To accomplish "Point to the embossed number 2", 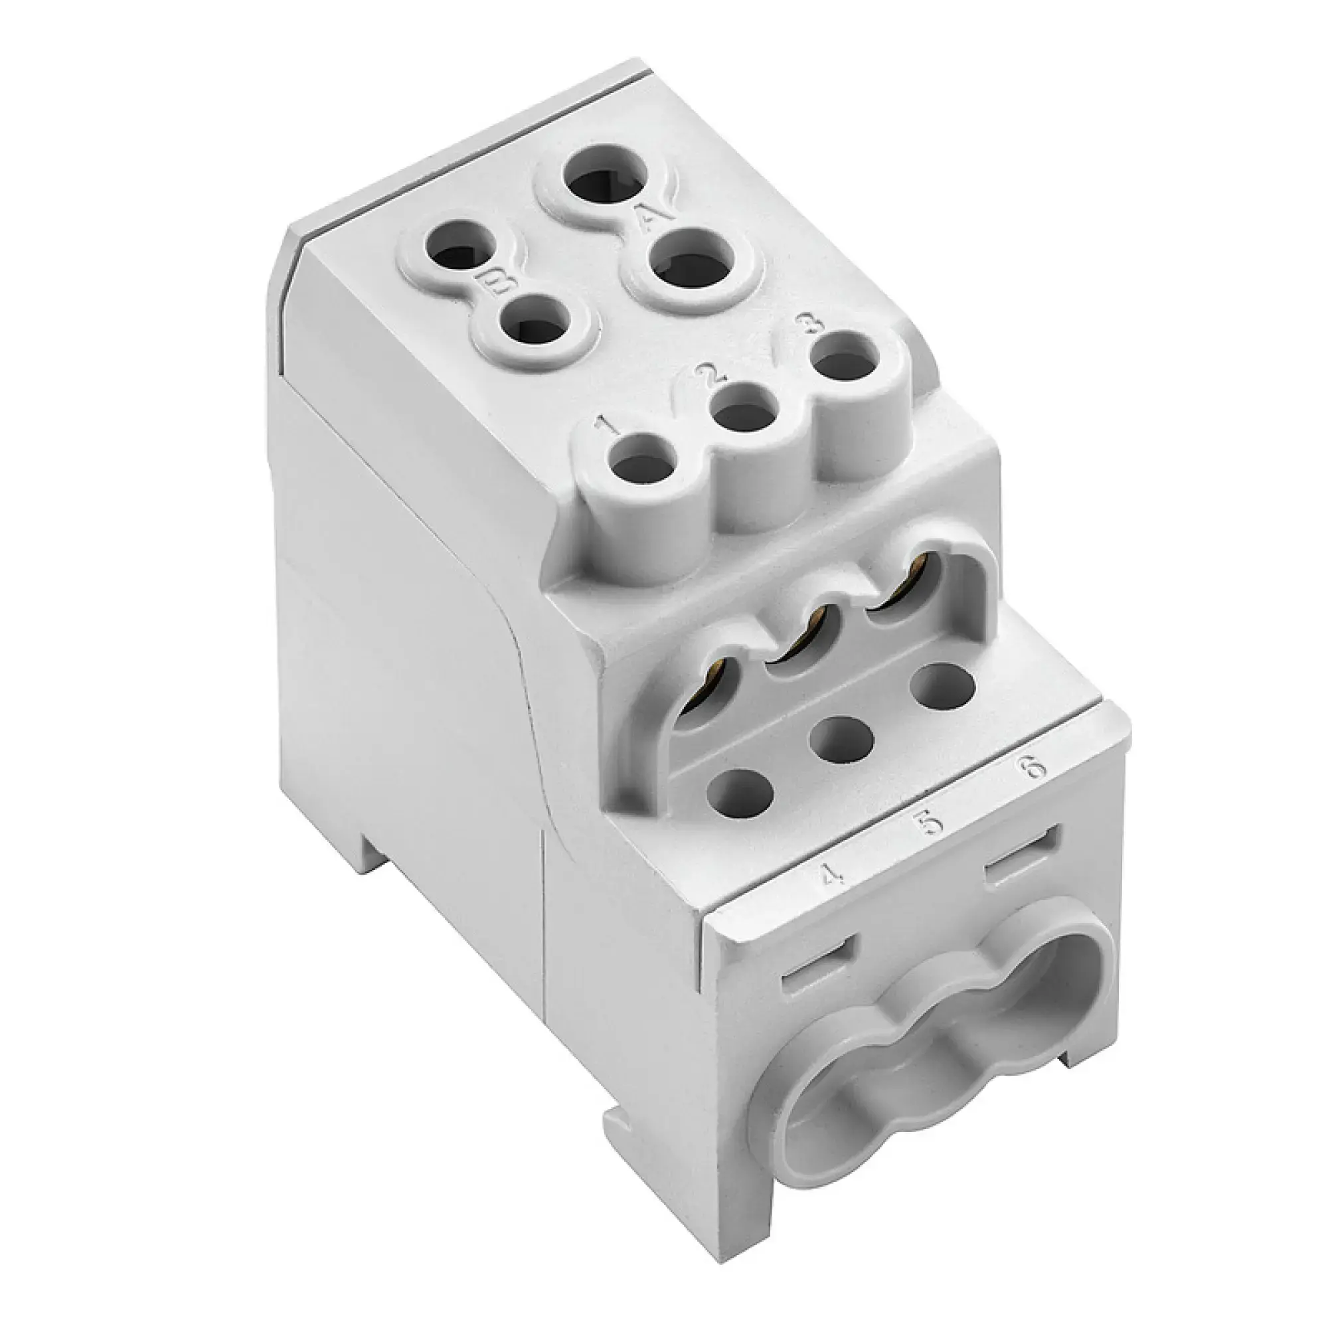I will [x=709, y=374].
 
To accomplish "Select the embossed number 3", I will [x=805, y=325].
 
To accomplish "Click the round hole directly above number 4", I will [x=738, y=789].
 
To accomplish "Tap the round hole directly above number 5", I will [x=841, y=738].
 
